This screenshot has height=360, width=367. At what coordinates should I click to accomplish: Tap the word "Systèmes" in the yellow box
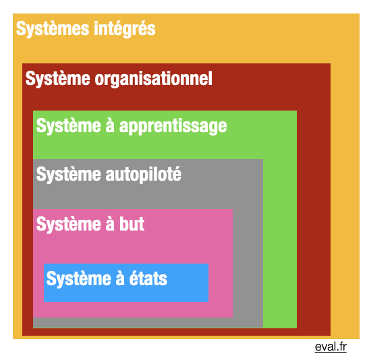(53, 28)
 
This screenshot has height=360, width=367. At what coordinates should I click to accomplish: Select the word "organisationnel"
(154, 79)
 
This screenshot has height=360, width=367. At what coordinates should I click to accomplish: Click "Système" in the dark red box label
(58, 78)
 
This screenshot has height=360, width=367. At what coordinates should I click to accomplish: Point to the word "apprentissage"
(173, 126)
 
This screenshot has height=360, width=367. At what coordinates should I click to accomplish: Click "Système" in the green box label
(69, 125)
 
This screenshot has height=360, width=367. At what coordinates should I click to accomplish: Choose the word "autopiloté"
(144, 174)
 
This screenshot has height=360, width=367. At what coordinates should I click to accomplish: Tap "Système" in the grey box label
(69, 174)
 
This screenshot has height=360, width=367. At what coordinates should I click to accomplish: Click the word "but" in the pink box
(132, 224)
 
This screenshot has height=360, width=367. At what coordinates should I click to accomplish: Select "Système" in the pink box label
(69, 224)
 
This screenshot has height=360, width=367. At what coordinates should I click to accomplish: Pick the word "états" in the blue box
(148, 278)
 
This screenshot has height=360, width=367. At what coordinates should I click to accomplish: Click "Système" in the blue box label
(79, 278)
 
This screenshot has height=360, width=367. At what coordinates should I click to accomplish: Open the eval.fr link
(331, 347)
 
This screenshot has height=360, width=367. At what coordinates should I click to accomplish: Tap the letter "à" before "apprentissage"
(110, 126)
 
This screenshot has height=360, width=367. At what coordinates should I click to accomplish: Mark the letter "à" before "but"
(110, 224)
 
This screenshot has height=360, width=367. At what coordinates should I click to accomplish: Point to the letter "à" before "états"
(120, 278)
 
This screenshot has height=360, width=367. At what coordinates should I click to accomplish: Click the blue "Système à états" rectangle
(126, 282)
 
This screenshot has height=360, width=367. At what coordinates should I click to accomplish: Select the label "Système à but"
(90, 224)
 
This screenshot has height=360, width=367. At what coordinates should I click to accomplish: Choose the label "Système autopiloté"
(109, 174)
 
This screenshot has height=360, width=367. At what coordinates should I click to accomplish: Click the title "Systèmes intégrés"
(86, 29)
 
